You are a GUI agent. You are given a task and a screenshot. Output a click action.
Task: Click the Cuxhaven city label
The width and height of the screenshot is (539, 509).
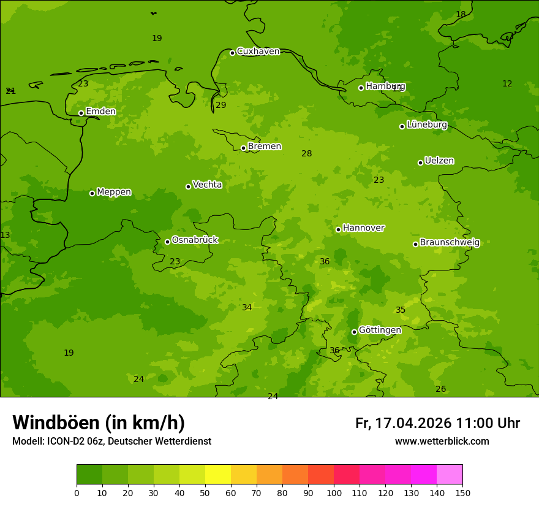(x=258, y=52)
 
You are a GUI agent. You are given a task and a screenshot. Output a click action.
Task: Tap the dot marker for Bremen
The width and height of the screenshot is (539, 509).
(x=243, y=148)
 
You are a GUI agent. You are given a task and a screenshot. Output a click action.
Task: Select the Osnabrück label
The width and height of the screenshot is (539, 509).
(x=195, y=240)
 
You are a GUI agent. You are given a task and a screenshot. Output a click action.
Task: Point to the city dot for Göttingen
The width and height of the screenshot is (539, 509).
(x=354, y=332)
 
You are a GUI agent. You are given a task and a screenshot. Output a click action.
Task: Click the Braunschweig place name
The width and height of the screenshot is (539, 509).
(x=450, y=243)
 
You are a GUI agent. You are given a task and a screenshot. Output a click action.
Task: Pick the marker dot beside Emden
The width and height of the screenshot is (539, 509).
(x=81, y=113)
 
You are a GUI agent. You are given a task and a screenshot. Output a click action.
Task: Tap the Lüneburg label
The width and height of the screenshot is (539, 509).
(x=427, y=125)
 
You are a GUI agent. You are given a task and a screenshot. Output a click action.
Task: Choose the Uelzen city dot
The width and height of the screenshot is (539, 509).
(x=420, y=163)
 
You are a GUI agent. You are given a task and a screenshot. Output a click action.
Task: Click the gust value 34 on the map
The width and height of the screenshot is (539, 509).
(x=247, y=308)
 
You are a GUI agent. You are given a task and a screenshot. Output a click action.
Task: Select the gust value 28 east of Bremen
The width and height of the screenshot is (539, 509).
(x=307, y=154)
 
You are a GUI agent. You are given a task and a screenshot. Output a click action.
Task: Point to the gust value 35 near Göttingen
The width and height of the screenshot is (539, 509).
(x=401, y=310)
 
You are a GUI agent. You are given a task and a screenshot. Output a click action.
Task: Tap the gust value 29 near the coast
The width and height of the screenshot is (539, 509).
(x=221, y=105)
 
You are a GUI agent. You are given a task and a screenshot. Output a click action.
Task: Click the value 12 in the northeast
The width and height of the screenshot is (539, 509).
(x=507, y=84)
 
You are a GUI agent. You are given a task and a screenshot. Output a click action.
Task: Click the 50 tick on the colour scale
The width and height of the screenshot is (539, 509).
(x=205, y=492)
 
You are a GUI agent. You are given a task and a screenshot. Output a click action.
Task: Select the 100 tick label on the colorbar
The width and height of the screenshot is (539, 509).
(x=334, y=492)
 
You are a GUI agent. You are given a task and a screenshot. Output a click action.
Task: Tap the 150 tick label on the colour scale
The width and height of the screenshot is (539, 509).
(x=462, y=492)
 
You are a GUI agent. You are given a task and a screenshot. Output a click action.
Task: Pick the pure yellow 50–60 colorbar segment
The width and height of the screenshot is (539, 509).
(x=218, y=475)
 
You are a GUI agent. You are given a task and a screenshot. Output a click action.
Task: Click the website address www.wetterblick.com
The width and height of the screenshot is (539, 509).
(x=442, y=442)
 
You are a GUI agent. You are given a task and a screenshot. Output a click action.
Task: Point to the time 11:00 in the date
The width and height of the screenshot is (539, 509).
(x=468, y=423)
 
